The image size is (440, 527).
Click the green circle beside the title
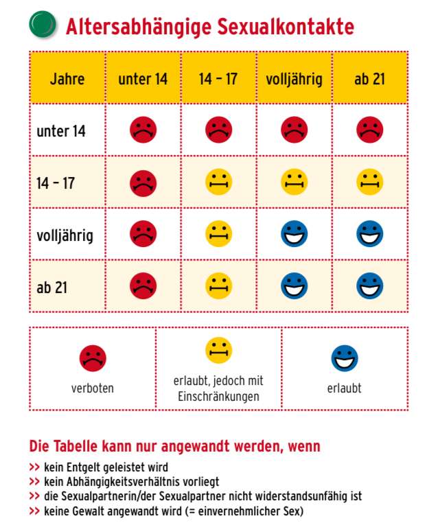coord(43,23)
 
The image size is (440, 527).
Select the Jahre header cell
coord(67,78)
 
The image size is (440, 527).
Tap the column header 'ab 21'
coord(369,78)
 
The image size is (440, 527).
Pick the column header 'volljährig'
coord(294,78)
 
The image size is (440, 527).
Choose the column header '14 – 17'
coord(218,78)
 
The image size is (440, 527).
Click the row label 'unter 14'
coord(61,130)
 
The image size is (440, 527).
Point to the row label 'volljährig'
coord(65,235)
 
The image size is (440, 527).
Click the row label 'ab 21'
coord(51,287)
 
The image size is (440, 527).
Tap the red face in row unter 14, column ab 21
coord(369,130)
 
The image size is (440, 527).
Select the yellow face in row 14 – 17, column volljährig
coord(294,182)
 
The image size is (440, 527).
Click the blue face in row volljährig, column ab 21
coord(369,234)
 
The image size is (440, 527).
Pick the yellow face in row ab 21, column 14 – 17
coord(218,286)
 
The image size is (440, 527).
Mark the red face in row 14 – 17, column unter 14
coord(143,182)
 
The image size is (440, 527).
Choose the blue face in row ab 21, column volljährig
coord(294,286)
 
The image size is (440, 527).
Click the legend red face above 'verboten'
coord(93,358)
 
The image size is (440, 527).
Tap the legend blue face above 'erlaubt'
coord(344,358)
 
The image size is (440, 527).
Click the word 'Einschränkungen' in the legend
coord(218,397)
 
